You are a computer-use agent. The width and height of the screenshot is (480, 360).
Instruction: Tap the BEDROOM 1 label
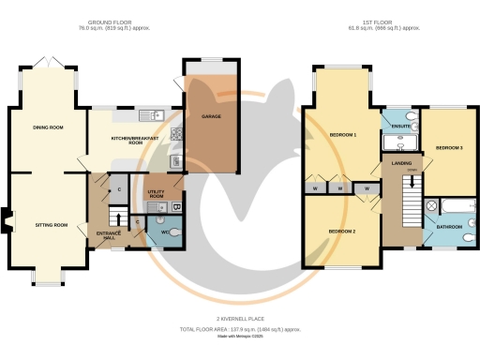[x=343, y=135]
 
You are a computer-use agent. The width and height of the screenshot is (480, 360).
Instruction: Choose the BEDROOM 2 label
[x=341, y=231]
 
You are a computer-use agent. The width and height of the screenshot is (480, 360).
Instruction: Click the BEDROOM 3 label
[x=449, y=147]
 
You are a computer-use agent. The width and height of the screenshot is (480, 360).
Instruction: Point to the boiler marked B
[x=177, y=205]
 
